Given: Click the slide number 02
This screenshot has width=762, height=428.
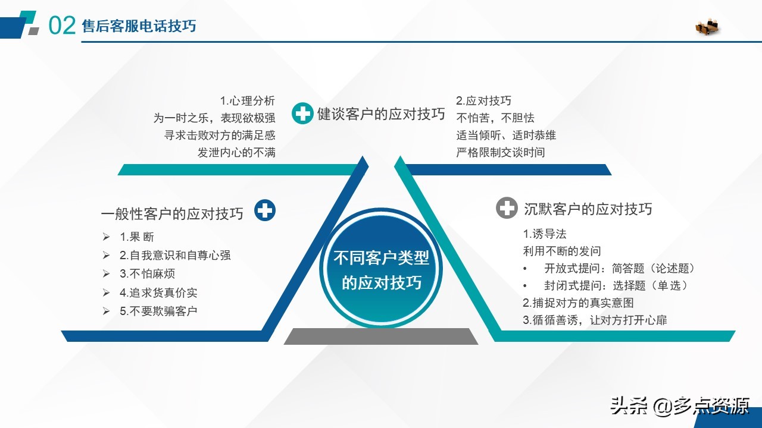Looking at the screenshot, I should pyautogui.click(x=61, y=26).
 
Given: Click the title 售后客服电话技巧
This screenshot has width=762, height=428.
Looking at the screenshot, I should pyautogui.click(x=139, y=26).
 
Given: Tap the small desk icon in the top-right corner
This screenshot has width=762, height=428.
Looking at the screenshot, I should pyautogui.click(x=707, y=26).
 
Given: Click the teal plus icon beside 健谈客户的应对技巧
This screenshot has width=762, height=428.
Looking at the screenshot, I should pyautogui.click(x=302, y=114).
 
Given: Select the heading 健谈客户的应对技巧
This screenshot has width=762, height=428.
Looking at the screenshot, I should pyautogui.click(x=381, y=114).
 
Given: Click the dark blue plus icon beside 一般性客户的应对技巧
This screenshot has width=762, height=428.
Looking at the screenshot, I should pyautogui.click(x=265, y=210).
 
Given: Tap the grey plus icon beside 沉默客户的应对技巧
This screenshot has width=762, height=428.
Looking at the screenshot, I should pyautogui.click(x=507, y=208).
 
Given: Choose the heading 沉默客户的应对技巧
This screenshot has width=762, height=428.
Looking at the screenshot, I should pyautogui.click(x=588, y=209).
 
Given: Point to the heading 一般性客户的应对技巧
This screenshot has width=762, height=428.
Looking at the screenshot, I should pyautogui.click(x=173, y=214).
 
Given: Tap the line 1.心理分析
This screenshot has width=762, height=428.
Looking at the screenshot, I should pyautogui.click(x=247, y=101).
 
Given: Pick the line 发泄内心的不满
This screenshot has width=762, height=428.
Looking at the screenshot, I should pyautogui.click(x=236, y=152).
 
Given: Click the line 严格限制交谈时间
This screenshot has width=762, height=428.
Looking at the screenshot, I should pyautogui.click(x=500, y=152).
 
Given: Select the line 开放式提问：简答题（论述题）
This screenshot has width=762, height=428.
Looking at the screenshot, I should pyautogui.click(x=619, y=268).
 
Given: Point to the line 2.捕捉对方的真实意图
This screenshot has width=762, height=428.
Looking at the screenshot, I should pyautogui.click(x=578, y=303).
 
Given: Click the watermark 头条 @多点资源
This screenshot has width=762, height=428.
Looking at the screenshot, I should pyautogui.click(x=679, y=406).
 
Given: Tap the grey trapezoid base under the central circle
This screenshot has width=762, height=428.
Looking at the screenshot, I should pyautogui.click(x=381, y=336).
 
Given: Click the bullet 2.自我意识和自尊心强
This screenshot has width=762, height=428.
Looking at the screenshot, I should pyautogui.click(x=175, y=255).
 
